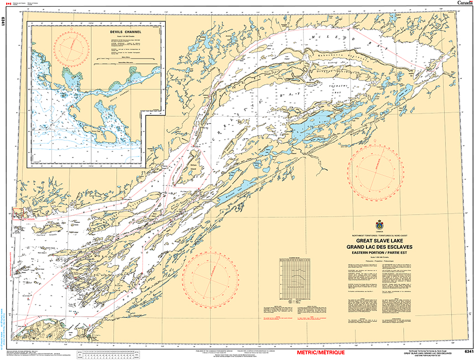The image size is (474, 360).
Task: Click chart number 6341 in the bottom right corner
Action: tap(468, 352)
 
